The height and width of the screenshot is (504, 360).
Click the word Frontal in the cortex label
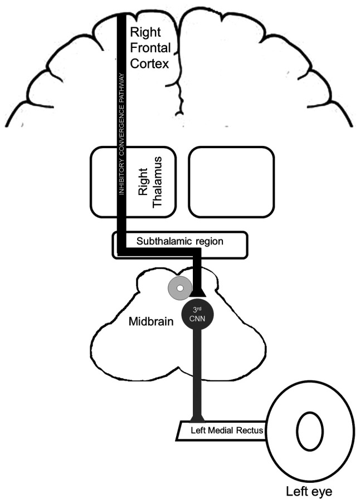tap(150, 48)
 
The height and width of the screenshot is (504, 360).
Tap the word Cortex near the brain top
tap(149, 63)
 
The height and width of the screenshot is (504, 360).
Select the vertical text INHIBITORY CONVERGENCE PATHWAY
tap(121, 134)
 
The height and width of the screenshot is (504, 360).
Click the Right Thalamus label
tap(149, 182)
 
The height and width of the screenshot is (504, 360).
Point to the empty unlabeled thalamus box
tap(231, 182)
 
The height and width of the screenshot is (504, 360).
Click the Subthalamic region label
tap(180, 241)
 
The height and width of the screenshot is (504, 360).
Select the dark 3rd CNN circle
tap(197, 315)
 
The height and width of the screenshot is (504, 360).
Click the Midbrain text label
tap(151, 321)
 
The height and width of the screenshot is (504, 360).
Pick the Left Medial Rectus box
tap(221, 430)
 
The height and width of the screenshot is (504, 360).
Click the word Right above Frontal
tap(145, 32)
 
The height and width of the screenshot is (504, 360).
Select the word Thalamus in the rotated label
tap(157, 182)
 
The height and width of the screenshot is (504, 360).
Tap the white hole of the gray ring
tap(180, 288)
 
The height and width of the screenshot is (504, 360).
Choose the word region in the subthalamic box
tap(210, 242)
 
